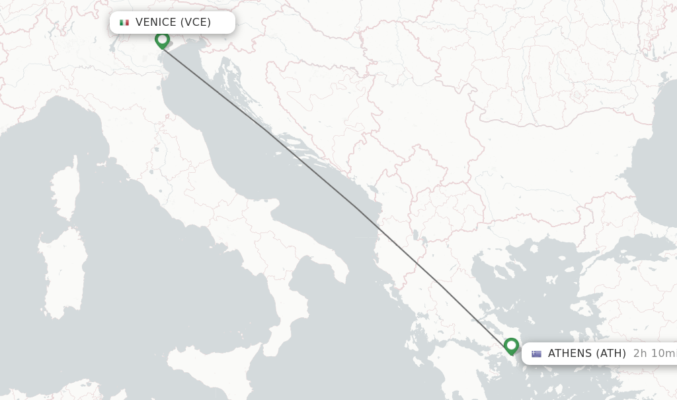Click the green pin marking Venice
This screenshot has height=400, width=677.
(162, 40)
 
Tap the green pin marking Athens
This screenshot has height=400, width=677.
(511, 346)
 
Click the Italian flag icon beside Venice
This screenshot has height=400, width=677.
(124, 23)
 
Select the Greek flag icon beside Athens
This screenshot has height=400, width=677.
(536, 354)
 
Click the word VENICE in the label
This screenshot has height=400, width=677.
(155, 23)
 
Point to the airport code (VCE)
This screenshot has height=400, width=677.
(196, 23)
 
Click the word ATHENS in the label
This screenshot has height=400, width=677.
(570, 354)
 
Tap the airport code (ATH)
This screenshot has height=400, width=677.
(611, 354)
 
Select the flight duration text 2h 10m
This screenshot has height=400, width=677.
(653, 354)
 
